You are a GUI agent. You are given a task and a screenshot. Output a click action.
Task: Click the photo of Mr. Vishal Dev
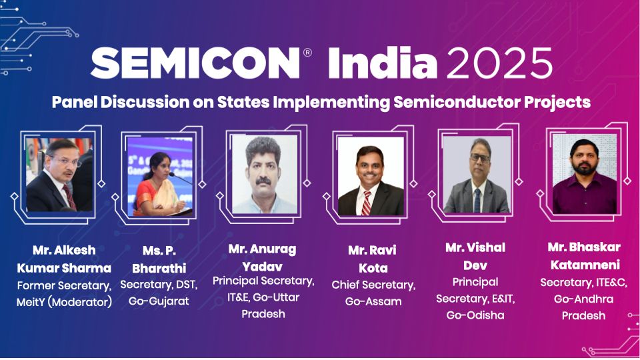[x=476, y=175]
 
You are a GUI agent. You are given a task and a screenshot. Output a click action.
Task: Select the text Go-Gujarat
[x=159, y=301]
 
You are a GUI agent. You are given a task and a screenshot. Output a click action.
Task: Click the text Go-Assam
[x=373, y=301]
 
